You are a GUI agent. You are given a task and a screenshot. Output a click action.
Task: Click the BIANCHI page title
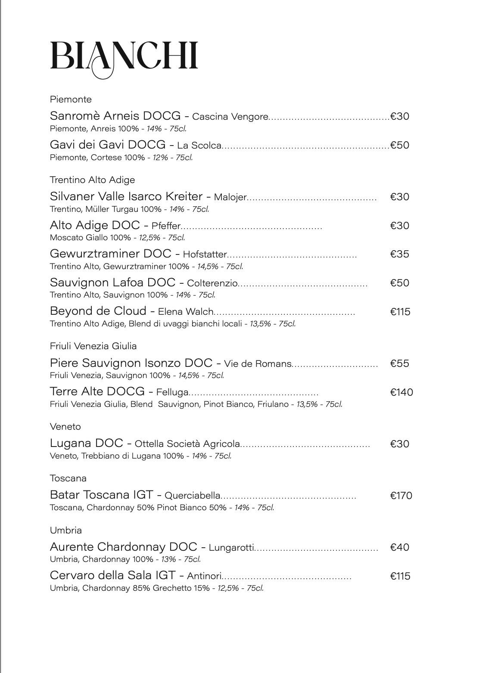click(124, 57)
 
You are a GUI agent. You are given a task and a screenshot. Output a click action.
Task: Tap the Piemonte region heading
click(71, 99)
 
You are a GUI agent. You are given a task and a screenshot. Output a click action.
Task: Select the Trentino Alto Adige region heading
click(92, 180)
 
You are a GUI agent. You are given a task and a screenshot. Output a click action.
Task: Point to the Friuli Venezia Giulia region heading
click(93, 346)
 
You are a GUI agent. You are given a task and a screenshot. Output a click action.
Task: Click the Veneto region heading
click(65, 427)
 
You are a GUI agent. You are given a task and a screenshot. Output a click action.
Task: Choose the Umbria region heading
click(65, 530)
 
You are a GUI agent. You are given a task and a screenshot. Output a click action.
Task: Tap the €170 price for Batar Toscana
click(401, 496)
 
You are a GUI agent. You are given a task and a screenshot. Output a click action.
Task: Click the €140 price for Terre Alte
click(401, 392)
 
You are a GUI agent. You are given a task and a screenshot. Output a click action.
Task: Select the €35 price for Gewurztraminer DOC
click(399, 254)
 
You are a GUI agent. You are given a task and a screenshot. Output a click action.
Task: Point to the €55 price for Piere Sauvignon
click(399, 363)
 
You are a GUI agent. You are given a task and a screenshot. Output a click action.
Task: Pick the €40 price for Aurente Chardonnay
click(399, 547)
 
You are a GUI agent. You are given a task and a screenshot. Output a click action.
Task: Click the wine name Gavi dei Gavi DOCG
click(107, 145)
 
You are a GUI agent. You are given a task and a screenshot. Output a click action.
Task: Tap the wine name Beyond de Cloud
click(98, 311)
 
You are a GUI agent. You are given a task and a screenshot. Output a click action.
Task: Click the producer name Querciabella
click(193, 496)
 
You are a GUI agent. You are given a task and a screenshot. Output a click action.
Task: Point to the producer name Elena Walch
click(186, 312)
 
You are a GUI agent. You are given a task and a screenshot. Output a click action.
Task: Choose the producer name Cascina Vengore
click(230, 117)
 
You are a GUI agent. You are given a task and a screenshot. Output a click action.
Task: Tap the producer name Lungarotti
click(231, 548)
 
